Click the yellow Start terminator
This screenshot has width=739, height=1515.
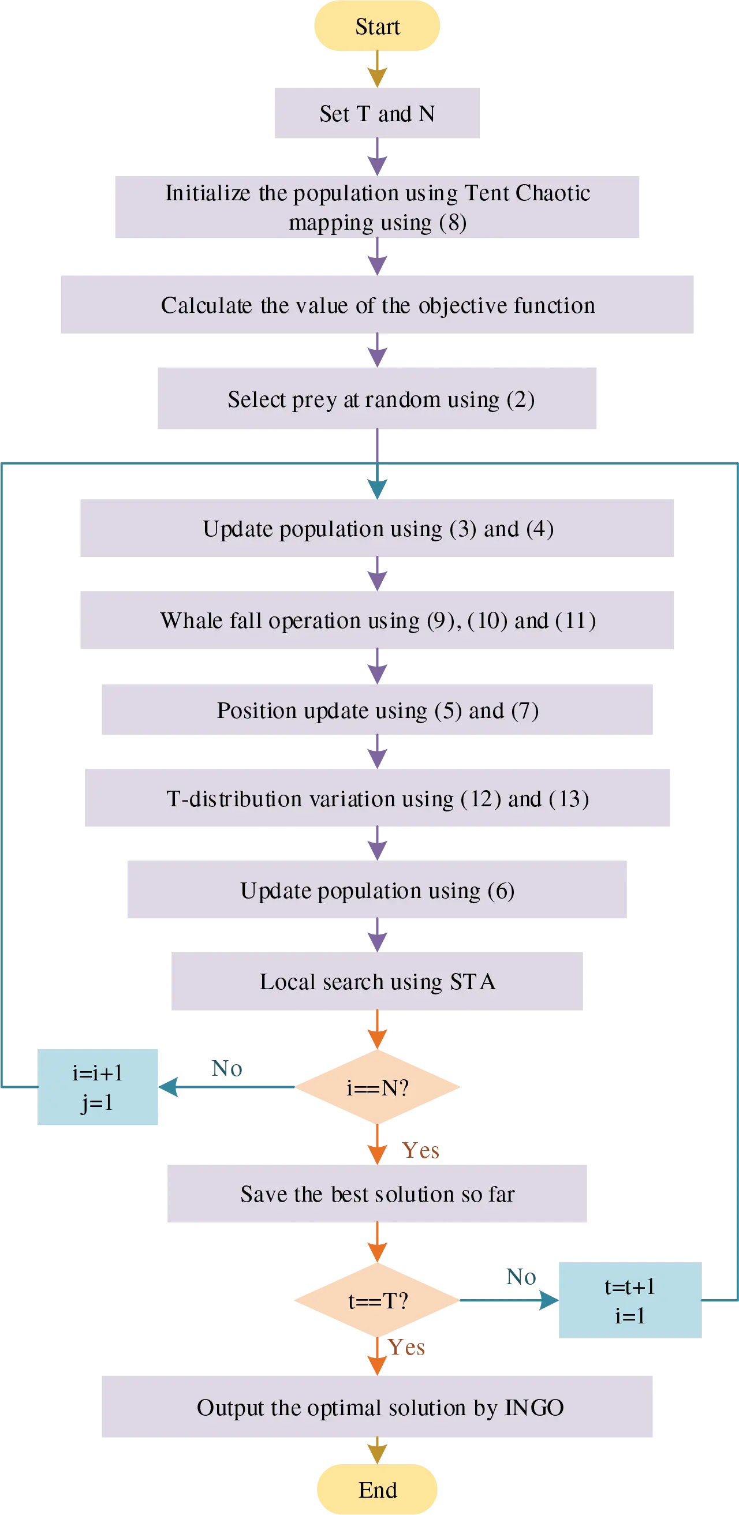377,27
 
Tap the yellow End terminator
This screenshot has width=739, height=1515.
377,1489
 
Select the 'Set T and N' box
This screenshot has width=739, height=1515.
376,114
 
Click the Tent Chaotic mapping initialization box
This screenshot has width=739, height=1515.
376,208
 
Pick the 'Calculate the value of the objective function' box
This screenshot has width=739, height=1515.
378,305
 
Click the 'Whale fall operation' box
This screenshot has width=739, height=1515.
376,620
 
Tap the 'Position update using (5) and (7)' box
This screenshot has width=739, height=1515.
378,710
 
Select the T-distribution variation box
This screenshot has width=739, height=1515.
378,799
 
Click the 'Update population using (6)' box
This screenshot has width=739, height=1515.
376,890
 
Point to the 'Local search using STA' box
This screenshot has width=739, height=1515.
378,981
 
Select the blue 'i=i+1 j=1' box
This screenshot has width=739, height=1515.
99,1087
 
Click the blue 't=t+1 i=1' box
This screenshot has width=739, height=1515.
629,1300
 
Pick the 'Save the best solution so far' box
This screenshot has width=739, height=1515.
378,1194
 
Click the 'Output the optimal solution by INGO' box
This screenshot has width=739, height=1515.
378,1407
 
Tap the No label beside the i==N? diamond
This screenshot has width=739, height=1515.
226,1068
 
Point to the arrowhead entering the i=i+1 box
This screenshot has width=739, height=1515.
170,1087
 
